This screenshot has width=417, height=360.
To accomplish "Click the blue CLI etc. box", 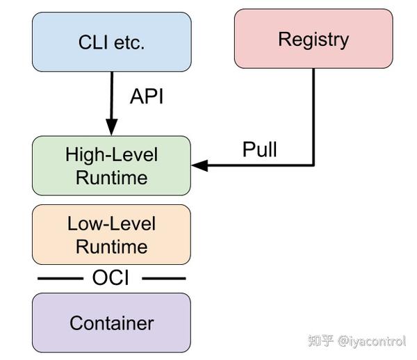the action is [112, 42].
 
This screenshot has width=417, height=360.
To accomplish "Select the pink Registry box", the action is [313, 38].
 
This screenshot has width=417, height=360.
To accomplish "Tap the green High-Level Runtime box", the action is [111, 165].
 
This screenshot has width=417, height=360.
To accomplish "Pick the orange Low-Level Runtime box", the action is [111, 234].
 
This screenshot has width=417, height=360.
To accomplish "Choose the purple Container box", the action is [111, 322].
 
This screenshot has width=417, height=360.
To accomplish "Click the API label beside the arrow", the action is [147, 96].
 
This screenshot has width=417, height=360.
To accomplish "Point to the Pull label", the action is [259, 149].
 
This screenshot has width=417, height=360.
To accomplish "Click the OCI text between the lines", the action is [111, 278].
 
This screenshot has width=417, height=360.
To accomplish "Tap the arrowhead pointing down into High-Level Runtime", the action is [112, 127].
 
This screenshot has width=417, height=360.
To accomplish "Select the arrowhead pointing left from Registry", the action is [199, 165].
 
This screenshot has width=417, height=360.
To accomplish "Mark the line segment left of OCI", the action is [60, 279].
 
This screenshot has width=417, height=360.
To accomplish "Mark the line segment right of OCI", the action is [164, 279].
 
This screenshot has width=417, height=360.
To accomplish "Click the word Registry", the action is [313, 40].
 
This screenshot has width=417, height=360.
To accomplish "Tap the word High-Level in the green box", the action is [112, 154].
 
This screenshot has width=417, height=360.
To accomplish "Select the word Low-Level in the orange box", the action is [111, 224].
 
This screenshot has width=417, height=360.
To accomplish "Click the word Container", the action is [112, 323].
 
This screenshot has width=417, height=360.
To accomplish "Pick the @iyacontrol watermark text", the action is [372, 341].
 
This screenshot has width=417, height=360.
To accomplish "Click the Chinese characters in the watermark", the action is [320, 341].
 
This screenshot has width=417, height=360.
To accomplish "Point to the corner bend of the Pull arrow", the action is [313, 165].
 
